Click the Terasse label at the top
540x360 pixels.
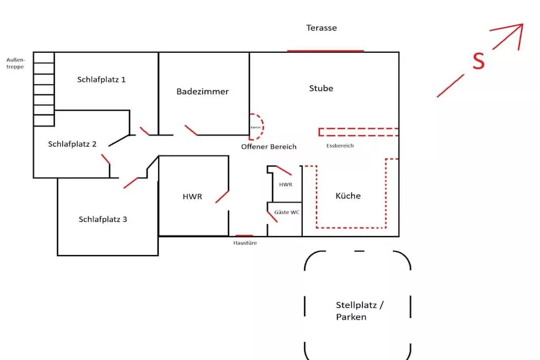coord(321,28)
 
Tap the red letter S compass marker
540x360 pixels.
coord(478,62)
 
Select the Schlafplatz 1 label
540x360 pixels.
coord(101,80)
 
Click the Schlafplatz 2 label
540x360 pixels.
coord(72,144)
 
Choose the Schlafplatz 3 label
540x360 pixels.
coord(103,219)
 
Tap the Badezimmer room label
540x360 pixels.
coord(202,92)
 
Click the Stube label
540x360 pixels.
coord(321,89)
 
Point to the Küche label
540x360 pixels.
coord(348,196)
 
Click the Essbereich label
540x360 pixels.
coord(340,145)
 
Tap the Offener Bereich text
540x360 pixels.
coord(269,147)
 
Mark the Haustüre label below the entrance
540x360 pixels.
coord(245,243)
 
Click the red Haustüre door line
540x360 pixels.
coord(244,236)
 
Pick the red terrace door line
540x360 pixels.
coord(325,51)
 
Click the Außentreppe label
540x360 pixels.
coord(15,63)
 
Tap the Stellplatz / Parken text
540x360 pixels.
coord(359,311)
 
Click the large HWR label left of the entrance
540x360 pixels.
coord(192,197)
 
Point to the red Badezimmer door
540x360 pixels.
coord(191,130)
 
